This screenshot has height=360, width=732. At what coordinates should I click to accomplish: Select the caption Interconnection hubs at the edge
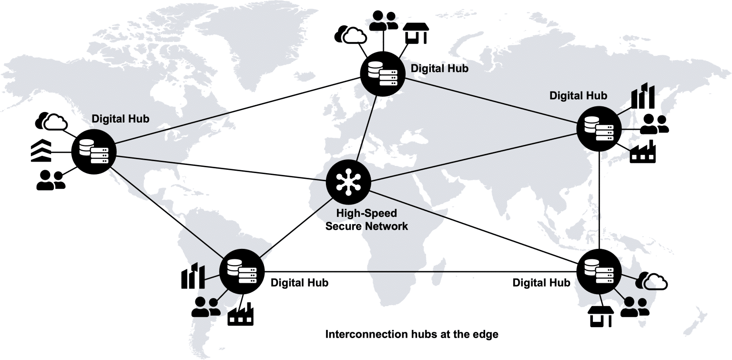click(412, 334)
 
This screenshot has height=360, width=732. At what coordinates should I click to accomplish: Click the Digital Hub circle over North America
click(93, 151)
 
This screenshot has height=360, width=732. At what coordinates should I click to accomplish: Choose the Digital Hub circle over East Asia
click(599, 128)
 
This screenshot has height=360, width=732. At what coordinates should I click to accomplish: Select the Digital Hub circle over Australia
click(599, 270)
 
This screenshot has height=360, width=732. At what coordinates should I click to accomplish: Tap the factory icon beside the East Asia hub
click(643, 153)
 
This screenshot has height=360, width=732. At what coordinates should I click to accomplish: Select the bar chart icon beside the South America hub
click(193, 277)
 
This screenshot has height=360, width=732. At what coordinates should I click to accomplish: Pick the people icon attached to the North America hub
click(51, 181)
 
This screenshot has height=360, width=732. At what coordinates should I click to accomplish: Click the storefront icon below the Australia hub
click(600, 317)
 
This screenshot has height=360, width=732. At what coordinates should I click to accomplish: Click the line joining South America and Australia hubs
click(419, 271)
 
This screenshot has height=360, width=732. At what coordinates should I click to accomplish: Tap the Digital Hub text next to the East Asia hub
click(578, 96)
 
